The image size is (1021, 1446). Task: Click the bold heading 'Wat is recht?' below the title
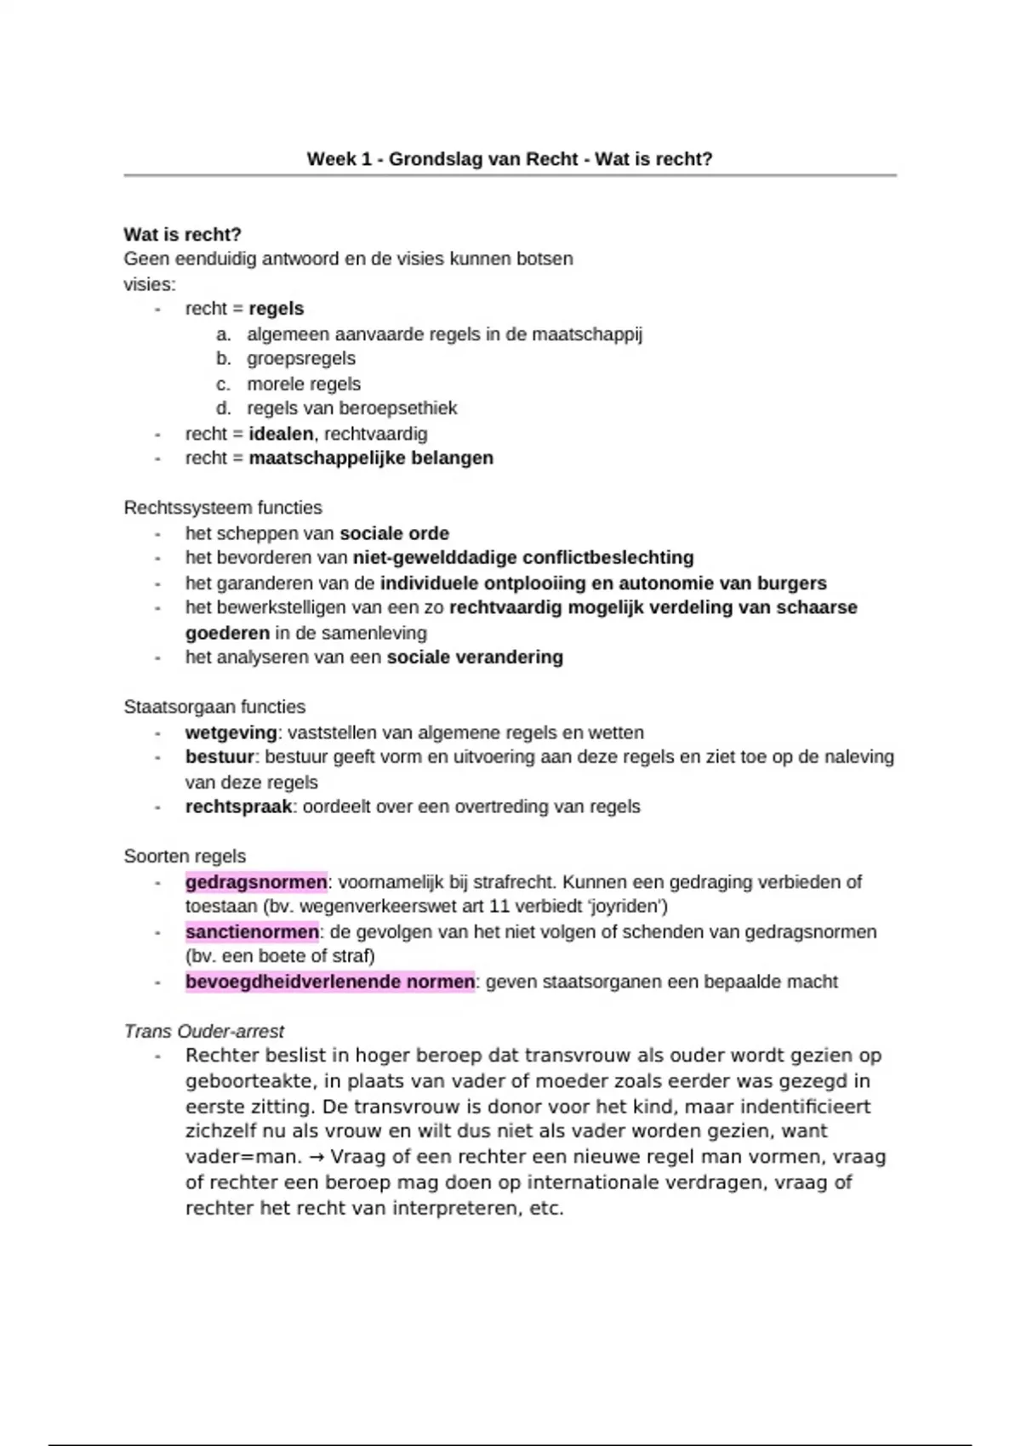[x=182, y=234]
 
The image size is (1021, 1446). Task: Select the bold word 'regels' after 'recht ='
[x=276, y=309]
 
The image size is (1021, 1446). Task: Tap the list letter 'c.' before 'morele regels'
[x=224, y=384]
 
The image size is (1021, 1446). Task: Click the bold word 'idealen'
[x=281, y=434]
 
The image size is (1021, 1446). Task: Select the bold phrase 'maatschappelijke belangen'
[x=371, y=458]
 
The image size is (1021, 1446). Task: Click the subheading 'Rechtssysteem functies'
[x=223, y=508]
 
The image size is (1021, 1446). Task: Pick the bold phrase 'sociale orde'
[x=394, y=533]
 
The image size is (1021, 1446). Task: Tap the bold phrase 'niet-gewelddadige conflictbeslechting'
[x=522, y=558]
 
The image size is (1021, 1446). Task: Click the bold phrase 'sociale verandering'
[x=475, y=658]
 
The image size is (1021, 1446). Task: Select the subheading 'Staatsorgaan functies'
[x=214, y=707]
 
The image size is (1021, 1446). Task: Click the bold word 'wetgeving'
[x=231, y=732]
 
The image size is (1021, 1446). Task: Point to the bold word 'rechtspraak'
[x=238, y=806]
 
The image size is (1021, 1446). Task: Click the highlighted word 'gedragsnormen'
[x=255, y=882]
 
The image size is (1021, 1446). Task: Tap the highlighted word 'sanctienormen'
[x=252, y=932]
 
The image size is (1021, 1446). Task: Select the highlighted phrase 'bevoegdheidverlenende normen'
[x=330, y=982]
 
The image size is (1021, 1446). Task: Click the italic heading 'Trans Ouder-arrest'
[x=203, y=1032]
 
